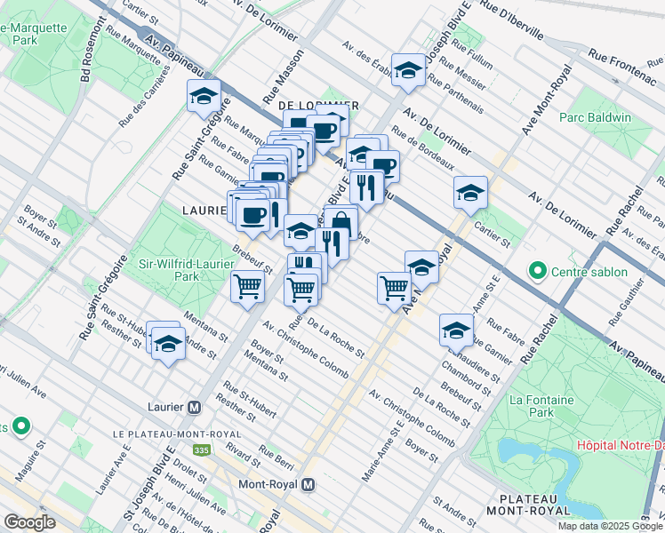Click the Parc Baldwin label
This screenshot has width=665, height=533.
click(595, 117)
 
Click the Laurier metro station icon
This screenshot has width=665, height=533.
click(194, 406)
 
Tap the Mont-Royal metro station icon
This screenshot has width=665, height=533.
click(308, 485)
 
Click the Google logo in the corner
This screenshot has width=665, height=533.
click(29, 522)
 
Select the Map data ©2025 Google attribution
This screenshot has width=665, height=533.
click(610, 526)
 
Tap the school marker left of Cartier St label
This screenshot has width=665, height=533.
click(470, 192)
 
